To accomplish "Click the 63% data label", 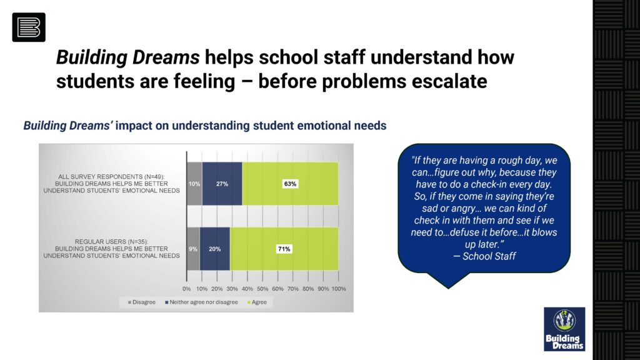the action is (x=290, y=184).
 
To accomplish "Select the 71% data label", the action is (x=284, y=249).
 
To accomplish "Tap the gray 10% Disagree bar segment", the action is (x=194, y=184).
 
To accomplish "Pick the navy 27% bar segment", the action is (x=222, y=184).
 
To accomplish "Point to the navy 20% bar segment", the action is (x=215, y=249).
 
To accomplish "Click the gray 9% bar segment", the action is (x=194, y=249).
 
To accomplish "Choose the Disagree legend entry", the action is (x=142, y=302).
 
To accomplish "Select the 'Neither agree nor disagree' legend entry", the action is (x=201, y=302).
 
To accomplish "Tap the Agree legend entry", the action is (x=257, y=302).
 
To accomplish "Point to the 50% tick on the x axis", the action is (x=262, y=289).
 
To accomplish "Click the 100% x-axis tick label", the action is (x=339, y=289).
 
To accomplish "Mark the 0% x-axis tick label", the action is (x=186, y=289).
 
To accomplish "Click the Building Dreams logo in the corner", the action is (x=564, y=329).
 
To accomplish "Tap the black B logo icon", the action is (x=29, y=27).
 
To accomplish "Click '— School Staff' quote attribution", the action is (x=484, y=256).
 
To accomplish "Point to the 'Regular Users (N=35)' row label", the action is (x=111, y=249).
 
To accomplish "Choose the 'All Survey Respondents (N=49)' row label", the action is (x=111, y=184).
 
